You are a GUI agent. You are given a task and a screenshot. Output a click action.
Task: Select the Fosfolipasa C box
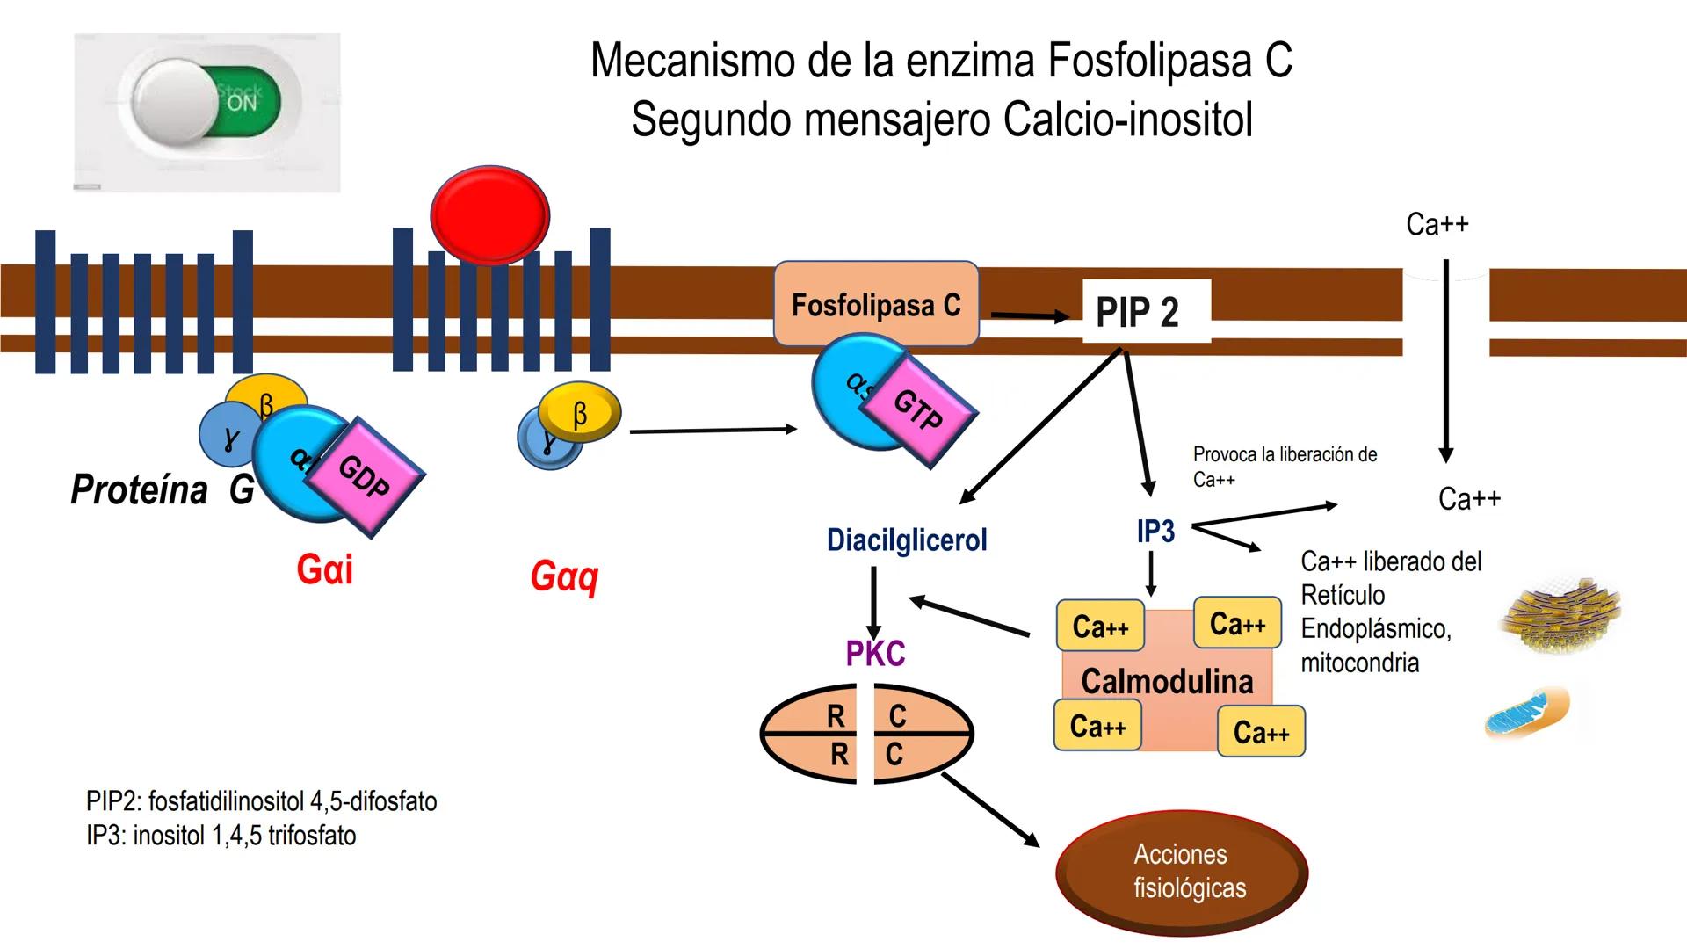875,304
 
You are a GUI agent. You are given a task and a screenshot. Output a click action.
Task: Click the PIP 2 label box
1139,312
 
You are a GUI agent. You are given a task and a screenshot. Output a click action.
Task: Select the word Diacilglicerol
907,540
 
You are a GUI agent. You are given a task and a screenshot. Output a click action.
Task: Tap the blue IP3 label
1155,531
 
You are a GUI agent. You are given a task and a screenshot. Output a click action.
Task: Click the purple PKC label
875,654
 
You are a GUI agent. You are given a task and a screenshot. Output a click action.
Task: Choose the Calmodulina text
1167,681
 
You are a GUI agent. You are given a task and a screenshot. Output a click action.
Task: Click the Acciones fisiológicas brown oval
1182,871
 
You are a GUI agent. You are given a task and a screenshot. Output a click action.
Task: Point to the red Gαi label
325,569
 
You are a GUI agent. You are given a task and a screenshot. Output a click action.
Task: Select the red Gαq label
565,576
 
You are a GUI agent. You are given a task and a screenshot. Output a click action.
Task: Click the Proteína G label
163,489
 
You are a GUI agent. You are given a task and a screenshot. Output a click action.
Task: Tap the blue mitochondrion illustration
1527,713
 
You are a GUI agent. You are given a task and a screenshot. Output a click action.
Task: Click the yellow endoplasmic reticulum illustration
1563,616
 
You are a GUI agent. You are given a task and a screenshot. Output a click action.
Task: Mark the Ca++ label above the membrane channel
1437,224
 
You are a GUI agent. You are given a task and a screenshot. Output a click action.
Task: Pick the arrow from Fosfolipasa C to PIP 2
1030,315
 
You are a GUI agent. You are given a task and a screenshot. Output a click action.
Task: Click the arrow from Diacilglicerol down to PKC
873,603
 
